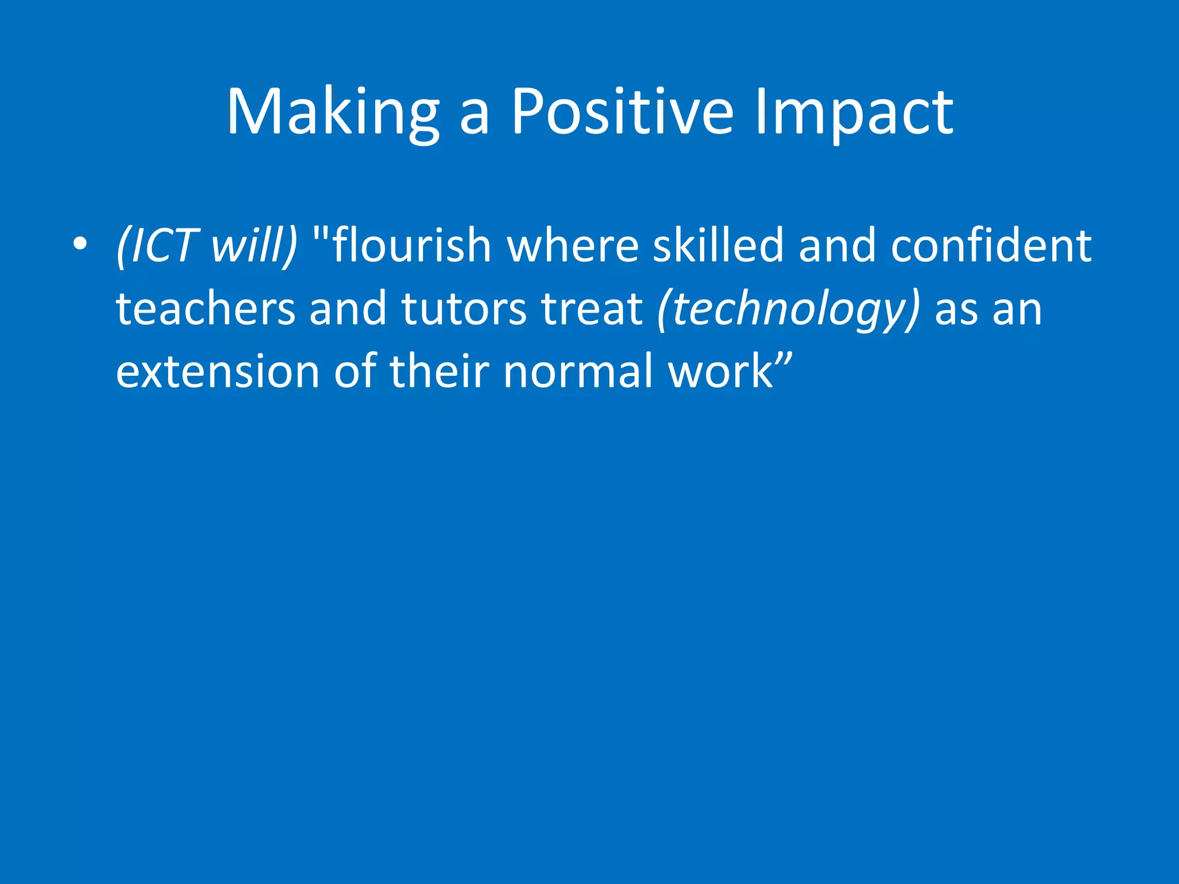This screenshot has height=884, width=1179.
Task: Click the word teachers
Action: (x=206, y=308)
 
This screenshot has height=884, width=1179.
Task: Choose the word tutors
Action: (x=463, y=308)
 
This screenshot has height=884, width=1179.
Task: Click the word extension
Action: (x=217, y=371)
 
